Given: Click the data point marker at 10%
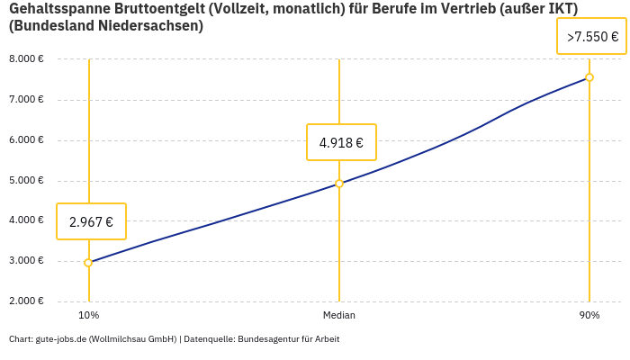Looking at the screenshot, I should pos(88,263).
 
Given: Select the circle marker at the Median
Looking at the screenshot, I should pos(339,184).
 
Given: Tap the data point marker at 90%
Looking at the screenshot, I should pos(589,77).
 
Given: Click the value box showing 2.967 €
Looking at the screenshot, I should pos(91,221).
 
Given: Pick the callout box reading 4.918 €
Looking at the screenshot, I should pos(341,142).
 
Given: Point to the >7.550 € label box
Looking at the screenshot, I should pos(592,37).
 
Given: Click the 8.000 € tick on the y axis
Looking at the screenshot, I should pos(26,59).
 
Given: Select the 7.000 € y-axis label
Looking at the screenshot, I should pos(26,100).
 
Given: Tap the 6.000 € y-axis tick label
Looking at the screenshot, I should pos(26,140).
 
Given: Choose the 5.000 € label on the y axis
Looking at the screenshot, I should pos(26,181).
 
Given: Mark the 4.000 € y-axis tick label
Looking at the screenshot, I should pos(26,220).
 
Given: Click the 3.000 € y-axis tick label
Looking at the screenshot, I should pos(26,261).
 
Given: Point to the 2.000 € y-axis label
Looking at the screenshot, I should pos(26,301).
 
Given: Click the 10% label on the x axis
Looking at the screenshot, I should pos(88,316).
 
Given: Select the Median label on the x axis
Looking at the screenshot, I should pos(339,316).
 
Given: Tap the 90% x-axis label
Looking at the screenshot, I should pos(589,316).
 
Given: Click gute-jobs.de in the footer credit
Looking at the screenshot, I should pos(61,339).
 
